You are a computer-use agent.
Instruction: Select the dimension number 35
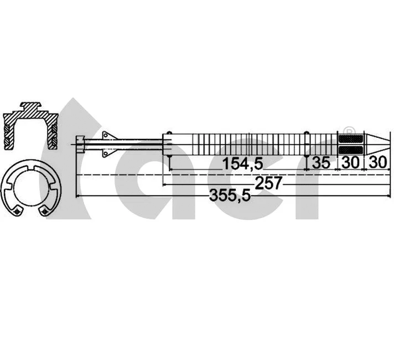point(322,163)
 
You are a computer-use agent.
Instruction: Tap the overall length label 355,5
point(228,195)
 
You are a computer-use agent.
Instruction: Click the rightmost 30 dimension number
point(377,163)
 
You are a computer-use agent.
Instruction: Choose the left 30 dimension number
point(350,163)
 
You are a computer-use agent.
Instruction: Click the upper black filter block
point(350,139)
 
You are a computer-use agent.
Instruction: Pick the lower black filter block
point(350,150)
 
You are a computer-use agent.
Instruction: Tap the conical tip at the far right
point(375,145)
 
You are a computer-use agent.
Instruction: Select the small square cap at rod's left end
point(81,145)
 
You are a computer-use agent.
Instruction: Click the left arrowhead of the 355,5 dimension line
point(77,196)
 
